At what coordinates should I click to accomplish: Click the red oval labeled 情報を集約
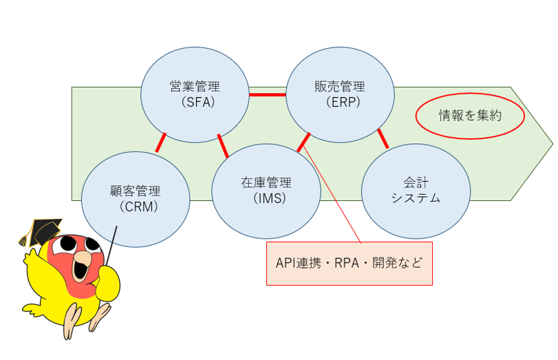470,116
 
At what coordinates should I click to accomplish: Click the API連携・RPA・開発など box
349,263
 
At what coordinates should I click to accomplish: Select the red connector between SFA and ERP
267,94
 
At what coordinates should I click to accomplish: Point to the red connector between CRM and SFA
161,142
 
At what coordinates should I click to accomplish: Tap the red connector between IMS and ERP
304,142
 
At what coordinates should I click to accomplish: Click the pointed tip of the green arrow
551,145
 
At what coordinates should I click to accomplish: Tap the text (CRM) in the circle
138,205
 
